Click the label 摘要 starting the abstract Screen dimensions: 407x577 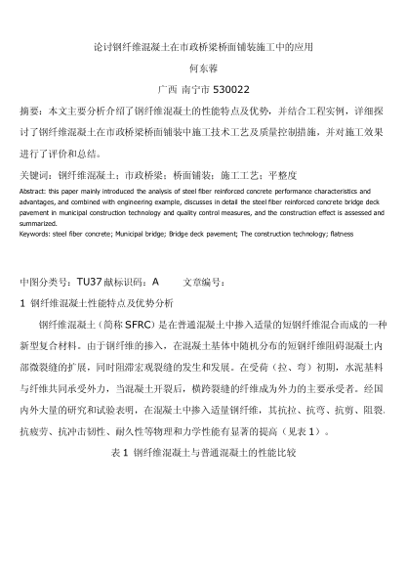[x=29, y=110]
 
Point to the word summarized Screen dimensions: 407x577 [x=41, y=223]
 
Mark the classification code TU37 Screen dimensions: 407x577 [x=89, y=281]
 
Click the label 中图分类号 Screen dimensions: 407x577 [x=46, y=281]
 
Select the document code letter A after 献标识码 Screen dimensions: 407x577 [x=154, y=281]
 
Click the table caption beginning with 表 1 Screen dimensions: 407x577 [x=203, y=455]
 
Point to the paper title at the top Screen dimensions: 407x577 [x=203, y=45]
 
